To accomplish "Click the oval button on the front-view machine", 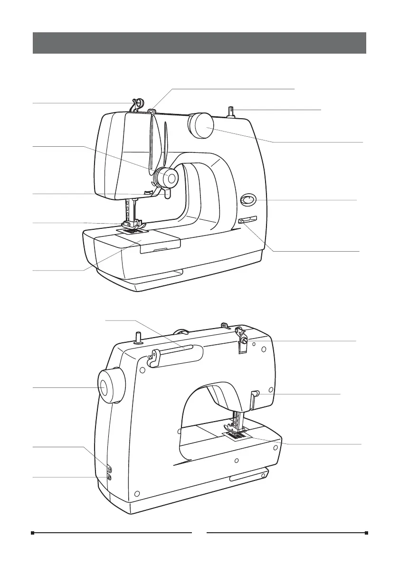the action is (x=247, y=200).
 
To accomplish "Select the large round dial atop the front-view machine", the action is (x=200, y=125).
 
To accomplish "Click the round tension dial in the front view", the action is (x=169, y=178).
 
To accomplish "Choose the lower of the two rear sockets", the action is (x=110, y=477).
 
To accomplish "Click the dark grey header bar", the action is (x=199, y=43).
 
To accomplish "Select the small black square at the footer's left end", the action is (x=32, y=533).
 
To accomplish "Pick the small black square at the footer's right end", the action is (x=367, y=533).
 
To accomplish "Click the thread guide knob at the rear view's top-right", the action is (x=243, y=340).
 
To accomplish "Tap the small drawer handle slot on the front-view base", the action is (x=160, y=248).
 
